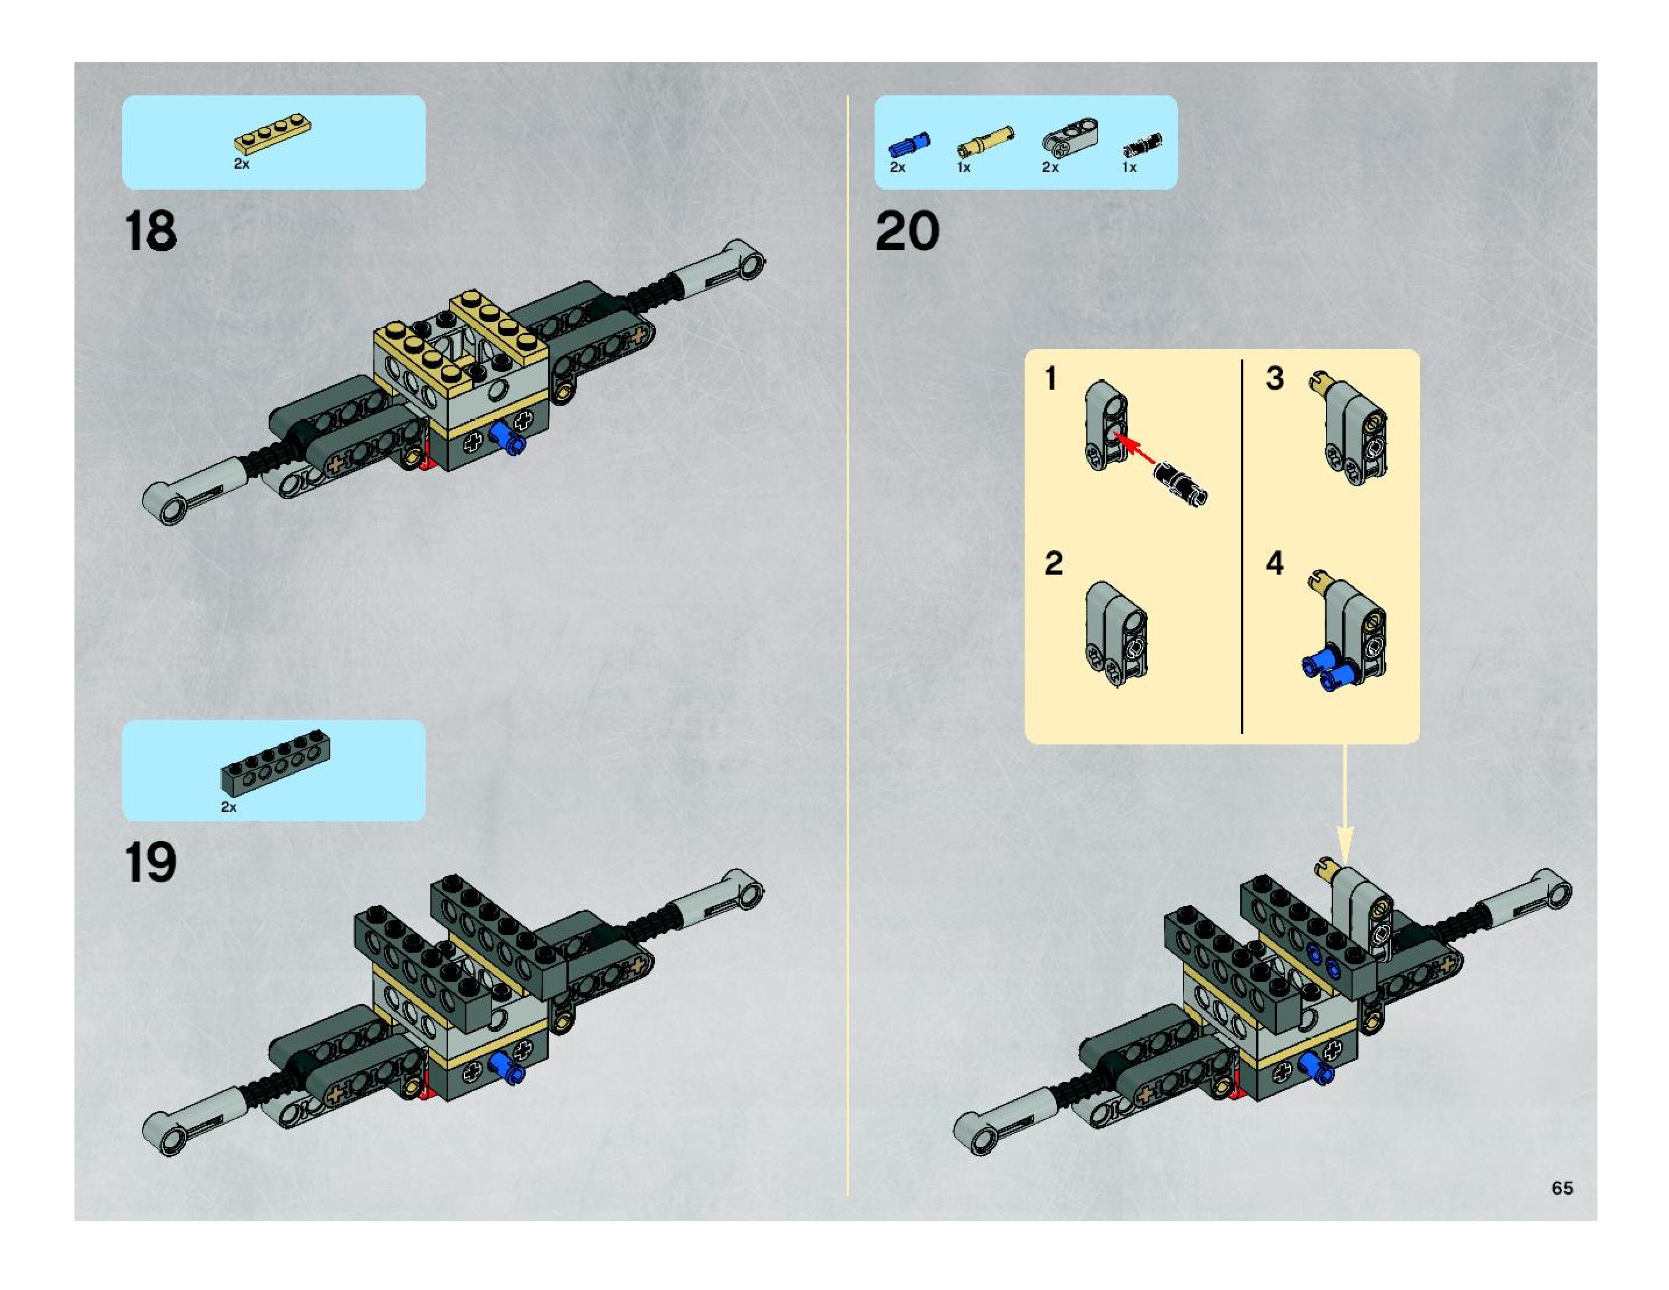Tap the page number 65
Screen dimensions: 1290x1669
pos(1562,1188)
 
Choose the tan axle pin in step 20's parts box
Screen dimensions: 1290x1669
pos(985,141)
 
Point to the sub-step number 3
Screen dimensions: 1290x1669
pos(1274,378)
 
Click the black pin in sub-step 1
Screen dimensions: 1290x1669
pos(1180,484)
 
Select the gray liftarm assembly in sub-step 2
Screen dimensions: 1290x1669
pos(1115,635)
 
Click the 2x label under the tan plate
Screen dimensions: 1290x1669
pos(241,163)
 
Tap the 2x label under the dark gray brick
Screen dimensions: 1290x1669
pos(229,807)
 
